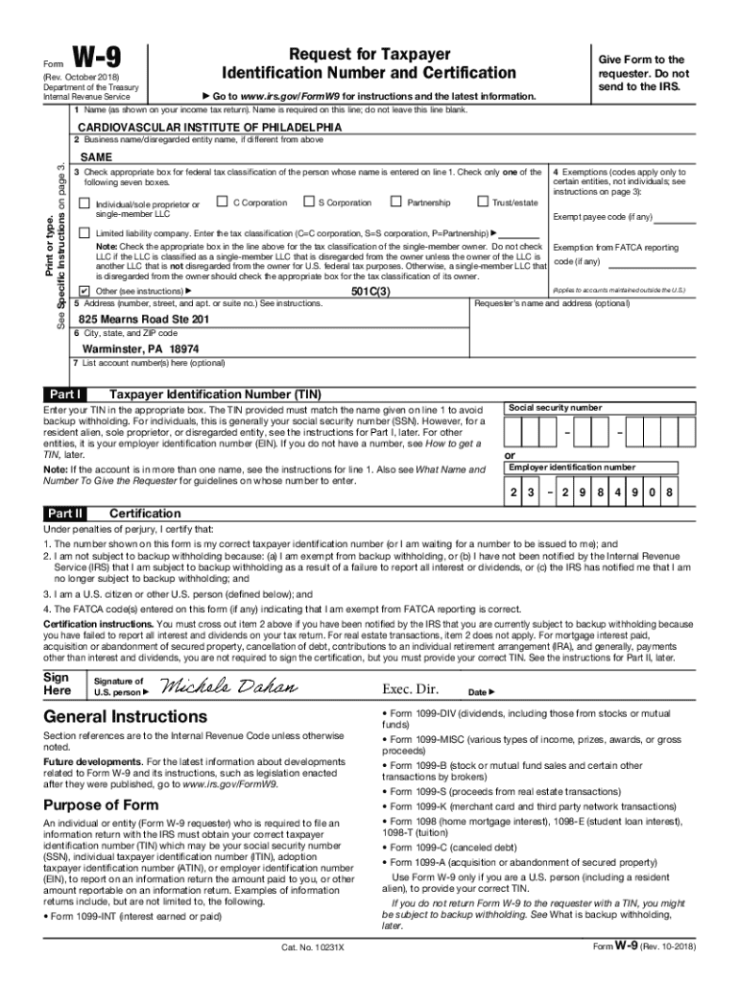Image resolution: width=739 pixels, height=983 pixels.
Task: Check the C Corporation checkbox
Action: [x=223, y=202]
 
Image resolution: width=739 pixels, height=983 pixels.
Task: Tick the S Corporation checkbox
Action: [x=308, y=202]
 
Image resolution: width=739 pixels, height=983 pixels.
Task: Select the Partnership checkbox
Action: [x=395, y=202]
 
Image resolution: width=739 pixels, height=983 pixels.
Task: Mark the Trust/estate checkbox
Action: [x=482, y=202]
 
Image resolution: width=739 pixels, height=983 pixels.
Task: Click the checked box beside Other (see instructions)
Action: [x=84, y=290]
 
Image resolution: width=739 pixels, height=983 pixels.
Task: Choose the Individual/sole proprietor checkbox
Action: [x=84, y=204]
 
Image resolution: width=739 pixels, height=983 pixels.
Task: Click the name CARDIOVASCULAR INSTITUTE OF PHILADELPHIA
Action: [x=209, y=127]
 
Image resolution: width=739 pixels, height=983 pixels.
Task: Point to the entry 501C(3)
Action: [x=370, y=290]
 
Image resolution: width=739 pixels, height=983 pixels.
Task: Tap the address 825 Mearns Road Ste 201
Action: [x=144, y=319]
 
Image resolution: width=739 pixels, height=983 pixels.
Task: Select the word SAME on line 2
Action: [x=96, y=156]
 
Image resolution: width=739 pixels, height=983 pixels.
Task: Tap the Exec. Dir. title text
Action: [x=410, y=689]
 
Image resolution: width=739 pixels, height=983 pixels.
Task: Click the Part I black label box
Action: [x=65, y=395]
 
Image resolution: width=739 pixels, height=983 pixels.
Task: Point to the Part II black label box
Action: [x=66, y=514]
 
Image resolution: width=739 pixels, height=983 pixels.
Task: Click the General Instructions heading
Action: [x=125, y=717]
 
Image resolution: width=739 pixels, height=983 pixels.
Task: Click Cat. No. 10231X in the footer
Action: [x=312, y=947]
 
